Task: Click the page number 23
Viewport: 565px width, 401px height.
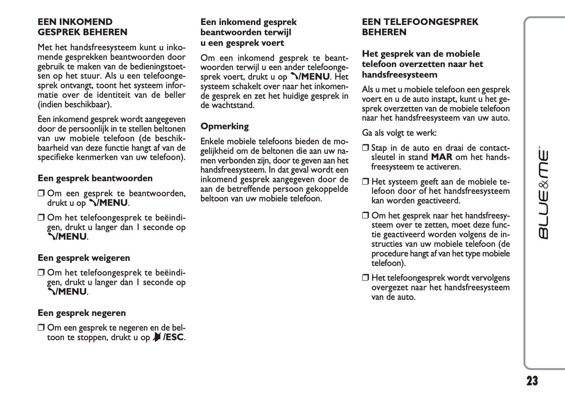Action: (x=532, y=381)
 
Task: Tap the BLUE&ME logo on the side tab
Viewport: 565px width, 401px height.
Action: (x=543, y=194)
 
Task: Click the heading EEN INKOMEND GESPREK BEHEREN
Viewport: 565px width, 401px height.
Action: (x=83, y=27)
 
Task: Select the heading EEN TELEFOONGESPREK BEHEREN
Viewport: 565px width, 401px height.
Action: (x=420, y=27)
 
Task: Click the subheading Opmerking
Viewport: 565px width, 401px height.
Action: (x=224, y=126)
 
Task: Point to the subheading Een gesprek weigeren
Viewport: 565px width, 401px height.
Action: (x=84, y=258)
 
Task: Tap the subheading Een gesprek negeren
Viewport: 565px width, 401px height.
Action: (x=82, y=313)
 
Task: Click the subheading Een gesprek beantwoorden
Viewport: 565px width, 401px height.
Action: (x=95, y=178)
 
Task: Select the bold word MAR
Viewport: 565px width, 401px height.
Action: (x=441, y=157)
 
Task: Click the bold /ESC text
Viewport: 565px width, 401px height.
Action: (x=174, y=337)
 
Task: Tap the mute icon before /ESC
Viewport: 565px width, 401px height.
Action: (x=157, y=337)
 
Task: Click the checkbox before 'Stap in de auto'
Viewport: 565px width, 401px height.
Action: (x=365, y=148)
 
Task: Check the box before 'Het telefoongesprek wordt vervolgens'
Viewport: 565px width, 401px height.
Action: (x=365, y=278)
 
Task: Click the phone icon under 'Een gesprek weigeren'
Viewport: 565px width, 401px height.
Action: (x=51, y=292)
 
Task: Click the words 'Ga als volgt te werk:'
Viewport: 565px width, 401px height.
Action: (x=399, y=133)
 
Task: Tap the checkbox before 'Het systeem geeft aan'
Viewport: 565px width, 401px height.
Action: (x=365, y=182)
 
